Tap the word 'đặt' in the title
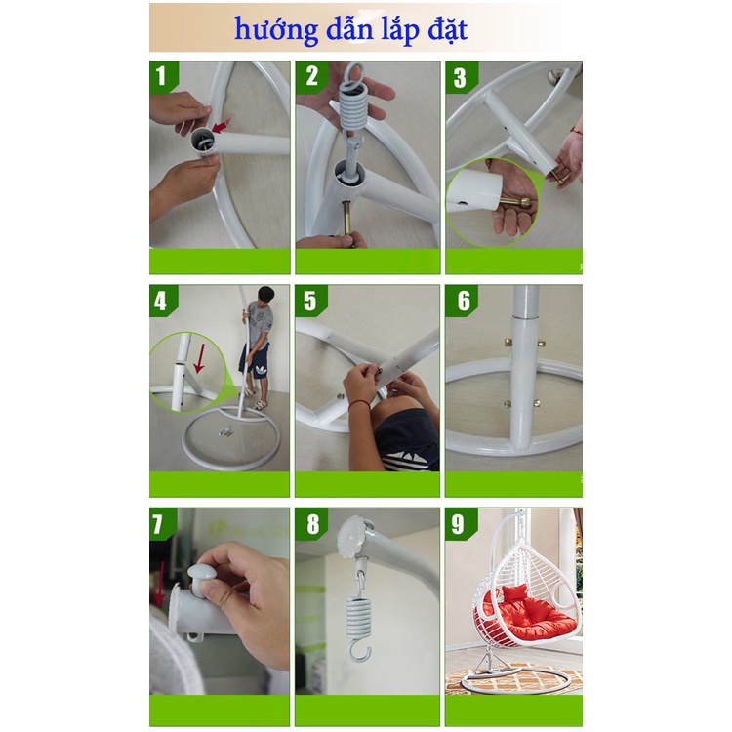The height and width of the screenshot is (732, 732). pos(447,30)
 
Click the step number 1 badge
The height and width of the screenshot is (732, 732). pos(163,76)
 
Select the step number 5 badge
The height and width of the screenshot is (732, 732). pos(311,301)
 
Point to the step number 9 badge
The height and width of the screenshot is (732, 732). pos(461,524)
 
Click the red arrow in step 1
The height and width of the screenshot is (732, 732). pos(221,126)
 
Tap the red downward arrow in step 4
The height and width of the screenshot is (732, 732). pos(200,358)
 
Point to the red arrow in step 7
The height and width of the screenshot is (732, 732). pos(160,584)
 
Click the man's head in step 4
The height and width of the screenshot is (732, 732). pos(265,296)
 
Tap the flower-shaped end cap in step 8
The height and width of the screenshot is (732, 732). pos(353,537)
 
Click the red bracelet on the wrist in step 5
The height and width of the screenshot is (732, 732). pos(358,405)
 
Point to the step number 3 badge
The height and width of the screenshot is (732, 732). pos(462,77)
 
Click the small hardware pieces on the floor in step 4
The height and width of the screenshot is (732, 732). pos(226,431)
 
